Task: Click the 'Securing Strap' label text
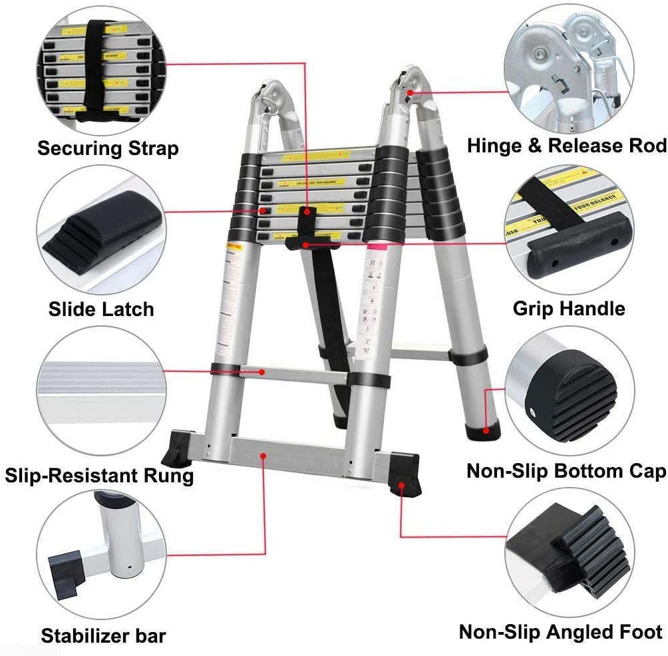108,148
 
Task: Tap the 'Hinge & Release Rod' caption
566,146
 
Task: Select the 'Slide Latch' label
101,309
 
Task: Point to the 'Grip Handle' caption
569,309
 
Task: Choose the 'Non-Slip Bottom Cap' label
566,471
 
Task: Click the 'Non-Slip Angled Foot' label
561,631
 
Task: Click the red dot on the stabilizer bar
264,456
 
